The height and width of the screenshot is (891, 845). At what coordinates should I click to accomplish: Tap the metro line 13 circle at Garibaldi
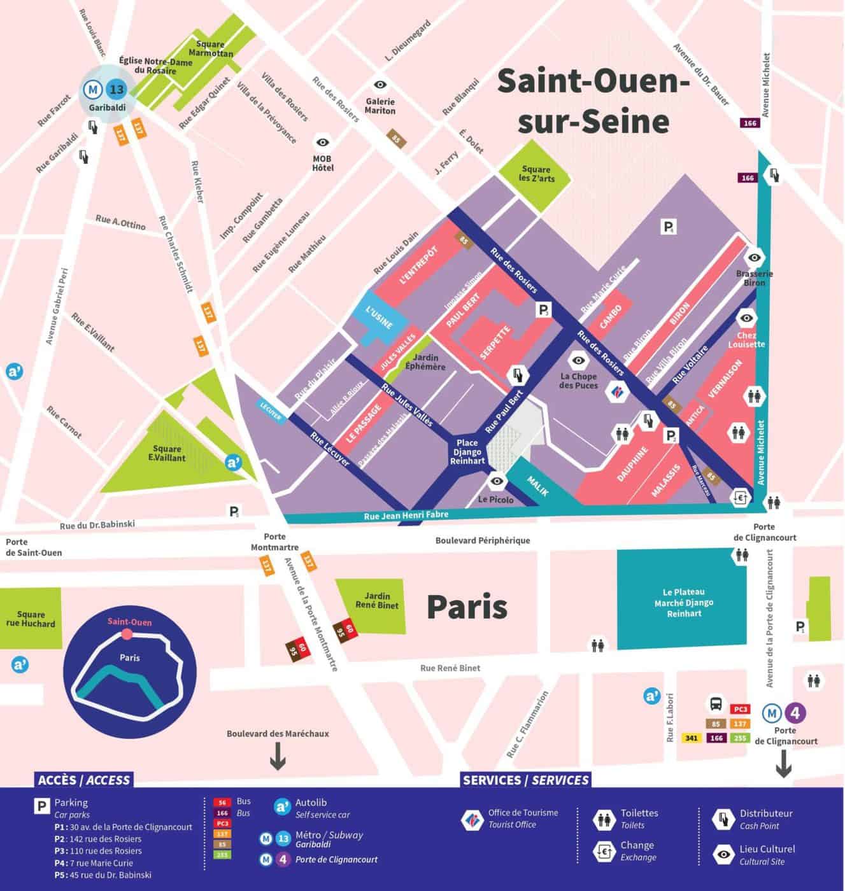click(x=116, y=90)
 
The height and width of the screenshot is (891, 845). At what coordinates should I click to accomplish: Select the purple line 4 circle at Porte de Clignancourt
click(x=795, y=713)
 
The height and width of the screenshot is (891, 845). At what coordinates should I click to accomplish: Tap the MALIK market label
click(x=538, y=485)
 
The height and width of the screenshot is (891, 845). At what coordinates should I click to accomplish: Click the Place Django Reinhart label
click(x=471, y=451)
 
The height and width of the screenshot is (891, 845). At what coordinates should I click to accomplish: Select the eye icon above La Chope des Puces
click(x=579, y=361)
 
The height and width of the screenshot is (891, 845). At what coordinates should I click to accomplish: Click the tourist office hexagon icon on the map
click(x=616, y=389)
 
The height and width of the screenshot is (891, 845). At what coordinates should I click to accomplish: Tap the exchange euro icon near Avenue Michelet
click(x=739, y=496)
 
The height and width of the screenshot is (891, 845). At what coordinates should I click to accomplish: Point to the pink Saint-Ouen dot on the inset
click(x=127, y=634)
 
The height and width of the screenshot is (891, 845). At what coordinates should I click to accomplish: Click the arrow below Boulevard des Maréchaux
click(x=278, y=757)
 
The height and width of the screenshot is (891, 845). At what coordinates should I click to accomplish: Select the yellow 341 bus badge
click(x=692, y=738)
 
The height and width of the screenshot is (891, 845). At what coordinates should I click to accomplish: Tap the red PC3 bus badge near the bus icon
click(x=739, y=708)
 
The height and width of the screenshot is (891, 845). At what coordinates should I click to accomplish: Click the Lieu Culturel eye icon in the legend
click(x=723, y=855)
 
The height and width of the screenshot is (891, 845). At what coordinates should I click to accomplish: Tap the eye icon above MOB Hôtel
click(x=323, y=143)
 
